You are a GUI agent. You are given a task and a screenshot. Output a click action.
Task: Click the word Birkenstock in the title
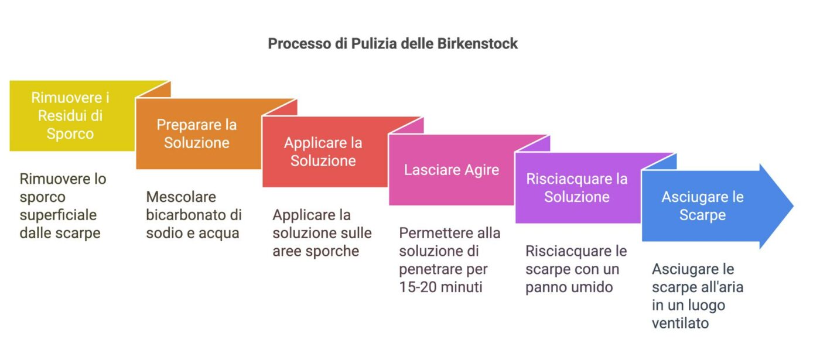(477, 44)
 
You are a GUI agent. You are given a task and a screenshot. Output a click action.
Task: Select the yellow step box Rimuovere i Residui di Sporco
(70, 115)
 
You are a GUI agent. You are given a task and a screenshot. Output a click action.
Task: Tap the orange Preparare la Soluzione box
(197, 134)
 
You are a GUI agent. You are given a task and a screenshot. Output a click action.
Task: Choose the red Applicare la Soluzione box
(323, 152)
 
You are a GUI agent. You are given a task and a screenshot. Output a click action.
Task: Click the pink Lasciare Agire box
(452, 170)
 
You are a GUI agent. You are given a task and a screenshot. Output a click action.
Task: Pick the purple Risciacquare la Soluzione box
(577, 187)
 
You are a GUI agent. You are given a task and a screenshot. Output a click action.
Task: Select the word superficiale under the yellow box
(58, 215)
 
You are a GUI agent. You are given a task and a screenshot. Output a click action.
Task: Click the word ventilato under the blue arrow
(680, 323)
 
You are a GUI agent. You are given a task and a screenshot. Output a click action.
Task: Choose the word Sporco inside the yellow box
(70, 133)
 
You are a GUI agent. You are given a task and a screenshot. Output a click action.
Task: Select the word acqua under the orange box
(219, 233)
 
